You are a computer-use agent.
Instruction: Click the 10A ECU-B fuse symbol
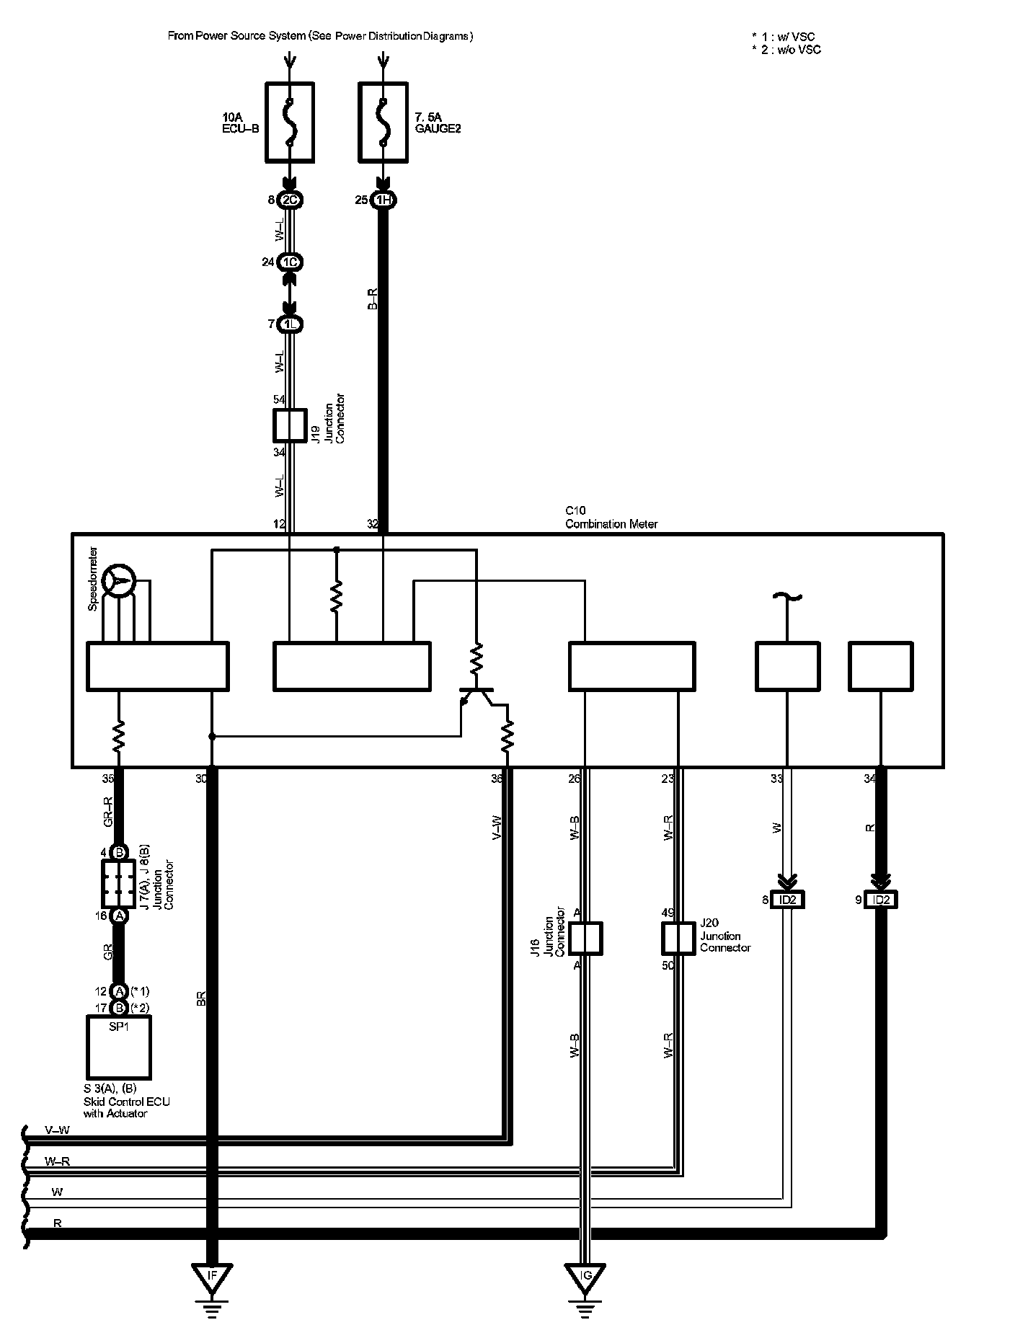tap(289, 121)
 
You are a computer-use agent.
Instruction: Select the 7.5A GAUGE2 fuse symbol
tap(383, 121)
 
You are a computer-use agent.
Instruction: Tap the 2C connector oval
tap(290, 200)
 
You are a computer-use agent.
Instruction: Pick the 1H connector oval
tap(383, 200)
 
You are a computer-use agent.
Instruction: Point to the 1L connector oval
tap(290, 324)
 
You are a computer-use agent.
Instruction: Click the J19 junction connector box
tap(290, 425)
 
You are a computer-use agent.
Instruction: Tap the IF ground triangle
tap(212, 1277)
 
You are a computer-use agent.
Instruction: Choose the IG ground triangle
tap(586, 1277)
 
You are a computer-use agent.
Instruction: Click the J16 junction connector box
tap(585, 939)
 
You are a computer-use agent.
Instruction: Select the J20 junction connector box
tap(678, 939)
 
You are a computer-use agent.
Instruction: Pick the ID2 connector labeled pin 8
tap(787, 900)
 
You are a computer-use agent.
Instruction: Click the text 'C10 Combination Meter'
tap(611, 518)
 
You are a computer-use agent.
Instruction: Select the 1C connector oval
tap(290, 262)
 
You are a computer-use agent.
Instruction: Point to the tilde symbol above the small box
tap(787, 596)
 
